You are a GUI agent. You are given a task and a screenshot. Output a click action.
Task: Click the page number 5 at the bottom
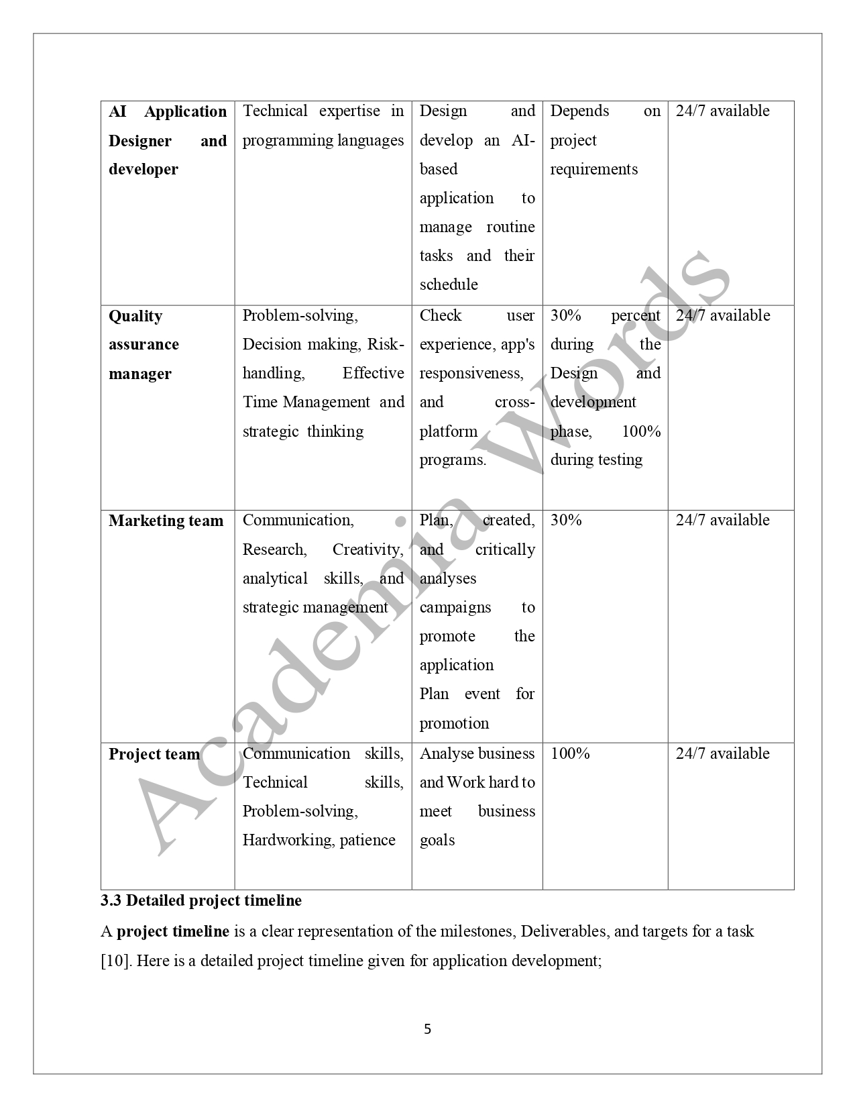pyautogui.click(x=427, y=1029)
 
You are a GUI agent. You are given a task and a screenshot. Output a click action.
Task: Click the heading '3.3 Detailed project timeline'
pyautogui.click(x=201, y=900)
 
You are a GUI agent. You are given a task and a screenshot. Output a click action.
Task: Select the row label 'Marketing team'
pyautogui.click(x=166, y=521)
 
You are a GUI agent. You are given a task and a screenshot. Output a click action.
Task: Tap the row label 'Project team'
pyautogui.click(x=154, y=754)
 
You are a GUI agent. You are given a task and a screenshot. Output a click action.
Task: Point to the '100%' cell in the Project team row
pyautogui.click(x=570, y=753)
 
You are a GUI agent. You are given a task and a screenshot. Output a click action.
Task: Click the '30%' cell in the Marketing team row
pyautogui.click(x=566, y=520)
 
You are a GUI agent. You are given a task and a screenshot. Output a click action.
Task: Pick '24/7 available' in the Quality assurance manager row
pyautogui.click(x=722, y=315)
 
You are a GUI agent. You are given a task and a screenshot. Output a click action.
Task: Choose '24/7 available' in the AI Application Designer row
pyautogui.click(x=722, y=111)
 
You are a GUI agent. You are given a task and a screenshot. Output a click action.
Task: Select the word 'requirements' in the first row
pyautogui.click(x=593, y=169)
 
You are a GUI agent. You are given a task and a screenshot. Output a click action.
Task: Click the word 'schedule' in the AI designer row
pyautogui.click(x=449, y=284)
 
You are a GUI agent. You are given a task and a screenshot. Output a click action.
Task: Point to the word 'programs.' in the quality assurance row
pyautogui.click(x=453, y=460)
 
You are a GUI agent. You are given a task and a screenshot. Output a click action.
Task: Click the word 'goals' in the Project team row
pyautogui.click(x=437, y=840)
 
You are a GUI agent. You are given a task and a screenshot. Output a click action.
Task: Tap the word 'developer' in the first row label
pyautogui.click(x=144, y=169)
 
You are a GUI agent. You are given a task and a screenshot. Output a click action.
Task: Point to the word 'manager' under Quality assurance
pyautogui.click(x=140, y=374)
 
